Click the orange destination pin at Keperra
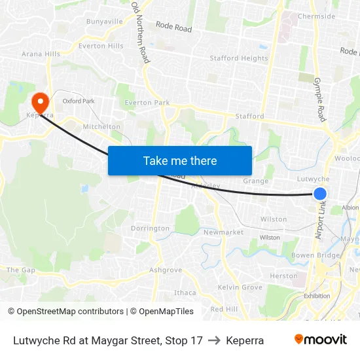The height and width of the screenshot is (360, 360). [x=40, y=101]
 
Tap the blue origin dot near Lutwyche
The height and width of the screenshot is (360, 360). [x=320, y=193]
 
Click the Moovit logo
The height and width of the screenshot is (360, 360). [x=320, y=340]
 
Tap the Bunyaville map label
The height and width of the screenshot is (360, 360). [x=105, y=22]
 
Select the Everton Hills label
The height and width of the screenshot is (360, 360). [x=101, y=46]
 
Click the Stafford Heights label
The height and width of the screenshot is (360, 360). [x=239, y=58]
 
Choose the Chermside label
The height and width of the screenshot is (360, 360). [x=317, y=16]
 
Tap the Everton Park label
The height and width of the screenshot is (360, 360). [x=147, y=103]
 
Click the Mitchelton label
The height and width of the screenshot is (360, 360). [x=101, y=127]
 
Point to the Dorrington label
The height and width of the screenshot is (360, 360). [x=150, y=228]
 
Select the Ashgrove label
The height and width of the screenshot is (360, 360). [x=166, y=270]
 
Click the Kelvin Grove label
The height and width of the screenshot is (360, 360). [x=240, y=287]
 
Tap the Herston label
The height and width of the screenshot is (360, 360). [x=284, y=276]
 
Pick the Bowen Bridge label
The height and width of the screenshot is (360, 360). [x=316, y=255]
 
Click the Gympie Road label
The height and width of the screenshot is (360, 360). [x=319, y=99]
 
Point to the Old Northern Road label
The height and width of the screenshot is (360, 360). [x=140, y=33]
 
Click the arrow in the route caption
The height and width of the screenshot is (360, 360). [x=214, y=340]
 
